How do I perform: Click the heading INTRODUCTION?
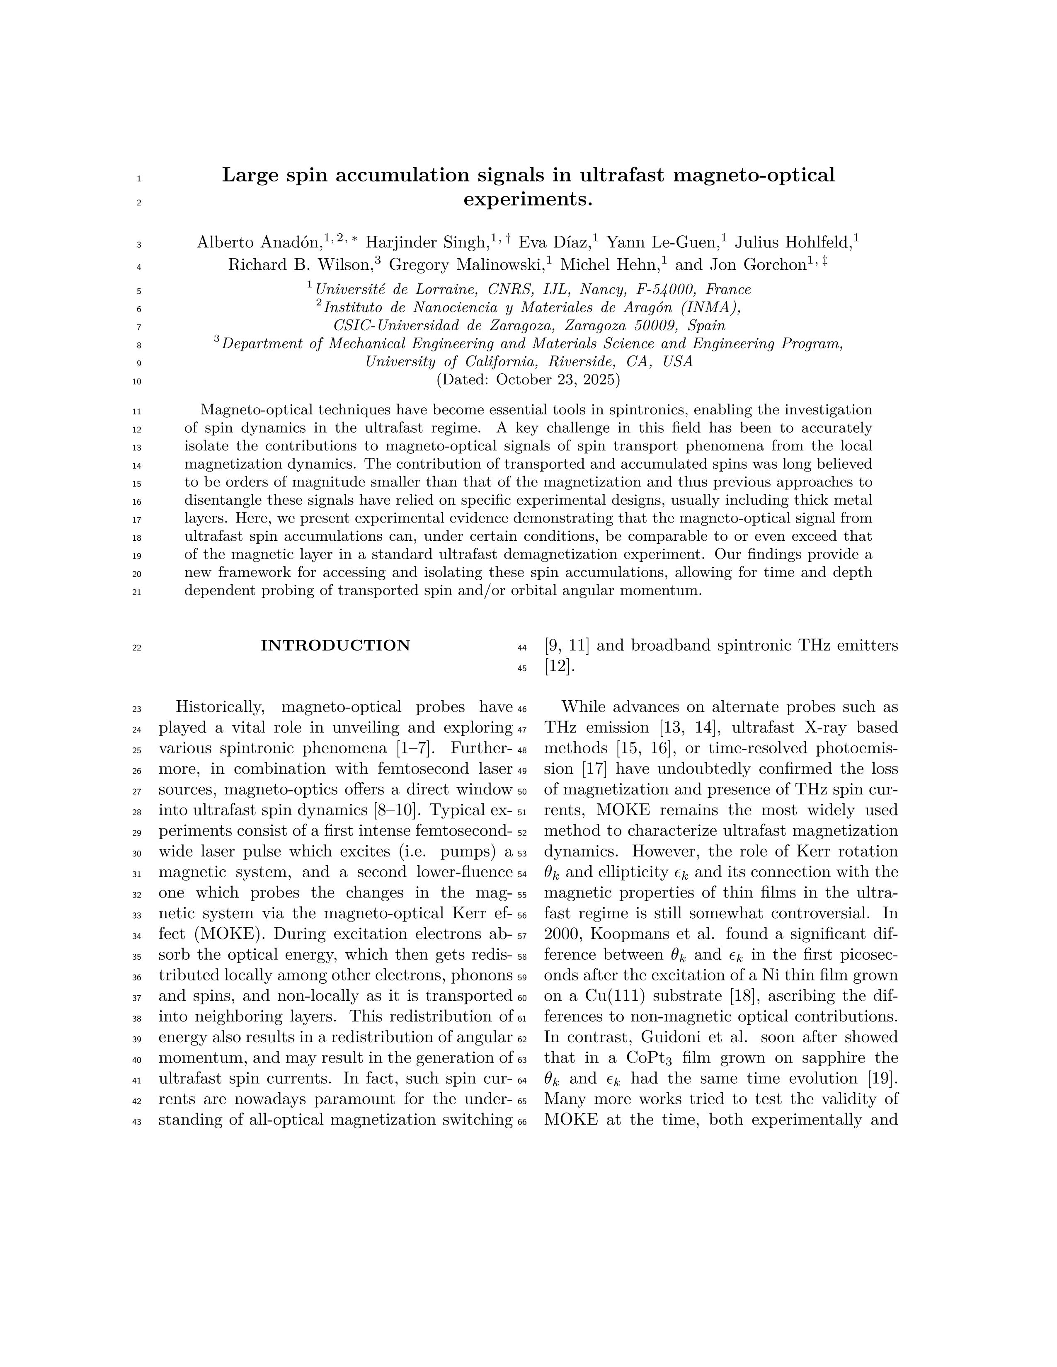(335, 645)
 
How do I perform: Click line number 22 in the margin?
(136, 648)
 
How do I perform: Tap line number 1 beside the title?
(138, 179)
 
